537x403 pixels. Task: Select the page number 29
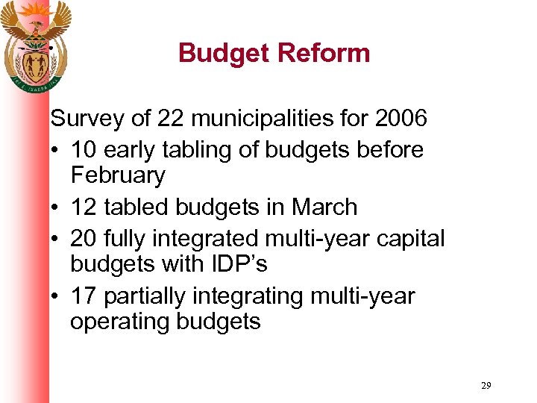coord(486,385)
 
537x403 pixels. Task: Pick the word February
coord(118,176)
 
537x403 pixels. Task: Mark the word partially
coord(146,296)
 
